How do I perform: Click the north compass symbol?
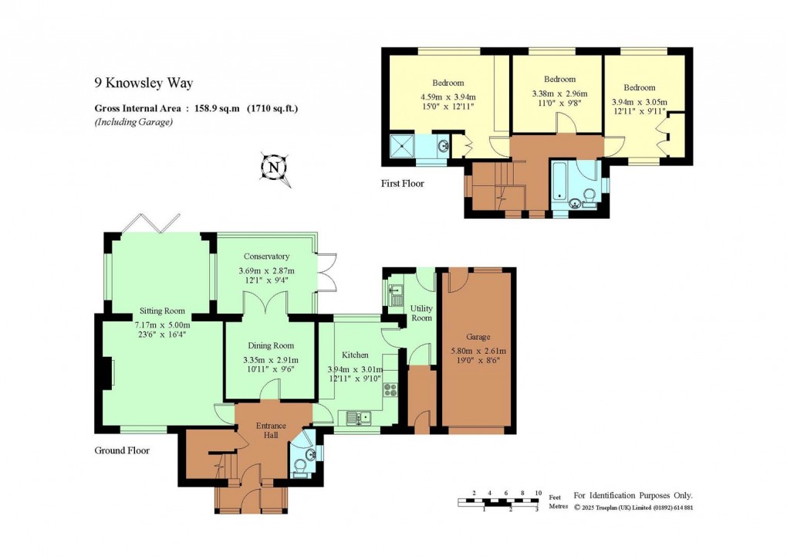[274, 168]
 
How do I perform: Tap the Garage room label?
[478, 337]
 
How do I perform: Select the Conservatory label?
[266, 256]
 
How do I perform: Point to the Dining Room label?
[270, 346]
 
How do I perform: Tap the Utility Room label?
[421, 313]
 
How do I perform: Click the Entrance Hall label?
[271, 431]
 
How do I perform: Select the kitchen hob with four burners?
[390, 389]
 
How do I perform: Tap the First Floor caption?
[402, 184]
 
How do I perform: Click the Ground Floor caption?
[122, 450]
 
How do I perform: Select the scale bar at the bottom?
[498, 502]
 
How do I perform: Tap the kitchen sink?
[359, 418]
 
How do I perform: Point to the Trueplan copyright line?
[633, 508]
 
